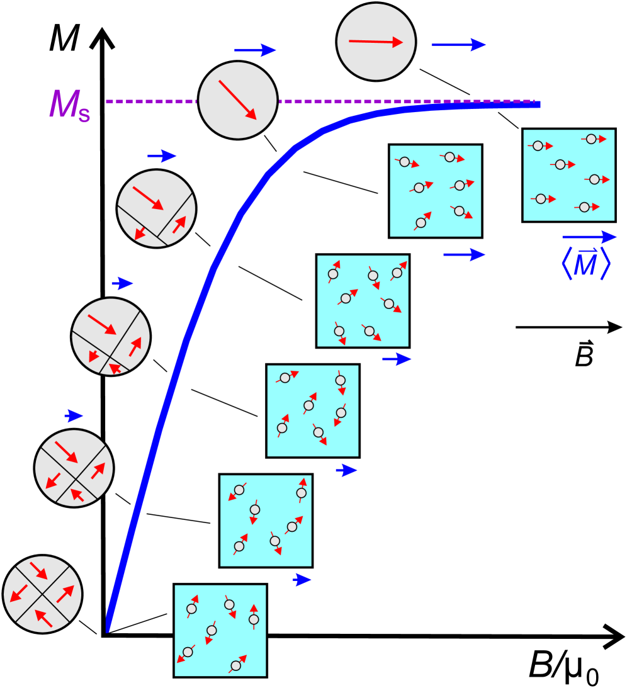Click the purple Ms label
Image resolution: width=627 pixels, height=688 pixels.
pos(69,106)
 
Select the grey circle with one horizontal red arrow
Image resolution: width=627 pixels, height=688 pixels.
pos(376,42)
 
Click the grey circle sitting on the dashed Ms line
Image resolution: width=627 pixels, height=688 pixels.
pos(238,100)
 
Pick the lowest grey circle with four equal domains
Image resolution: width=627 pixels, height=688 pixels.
pos(43,594)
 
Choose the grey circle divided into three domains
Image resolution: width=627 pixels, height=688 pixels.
pos(156,208)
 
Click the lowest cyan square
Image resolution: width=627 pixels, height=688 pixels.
pos(220,631)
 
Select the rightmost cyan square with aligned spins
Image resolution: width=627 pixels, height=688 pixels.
pos(568,175)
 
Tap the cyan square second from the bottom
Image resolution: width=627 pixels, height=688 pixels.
pos(266,521)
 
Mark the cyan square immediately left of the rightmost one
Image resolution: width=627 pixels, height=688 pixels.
pos(435,191)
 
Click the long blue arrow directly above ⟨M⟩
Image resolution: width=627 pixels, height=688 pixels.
pos(589,237)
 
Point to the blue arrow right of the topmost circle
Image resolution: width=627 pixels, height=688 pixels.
pos(459,45)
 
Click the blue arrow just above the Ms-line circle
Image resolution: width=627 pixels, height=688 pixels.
pos(255,50)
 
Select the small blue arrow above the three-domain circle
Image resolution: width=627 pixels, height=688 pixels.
pos(162,156)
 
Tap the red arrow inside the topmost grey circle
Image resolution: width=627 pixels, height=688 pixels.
pos(376,42)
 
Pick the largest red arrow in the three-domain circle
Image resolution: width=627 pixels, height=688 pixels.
pos(148,198)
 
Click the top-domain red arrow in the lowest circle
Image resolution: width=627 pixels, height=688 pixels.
pos(38,571)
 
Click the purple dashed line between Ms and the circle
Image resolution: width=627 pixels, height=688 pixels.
pos(151,101)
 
